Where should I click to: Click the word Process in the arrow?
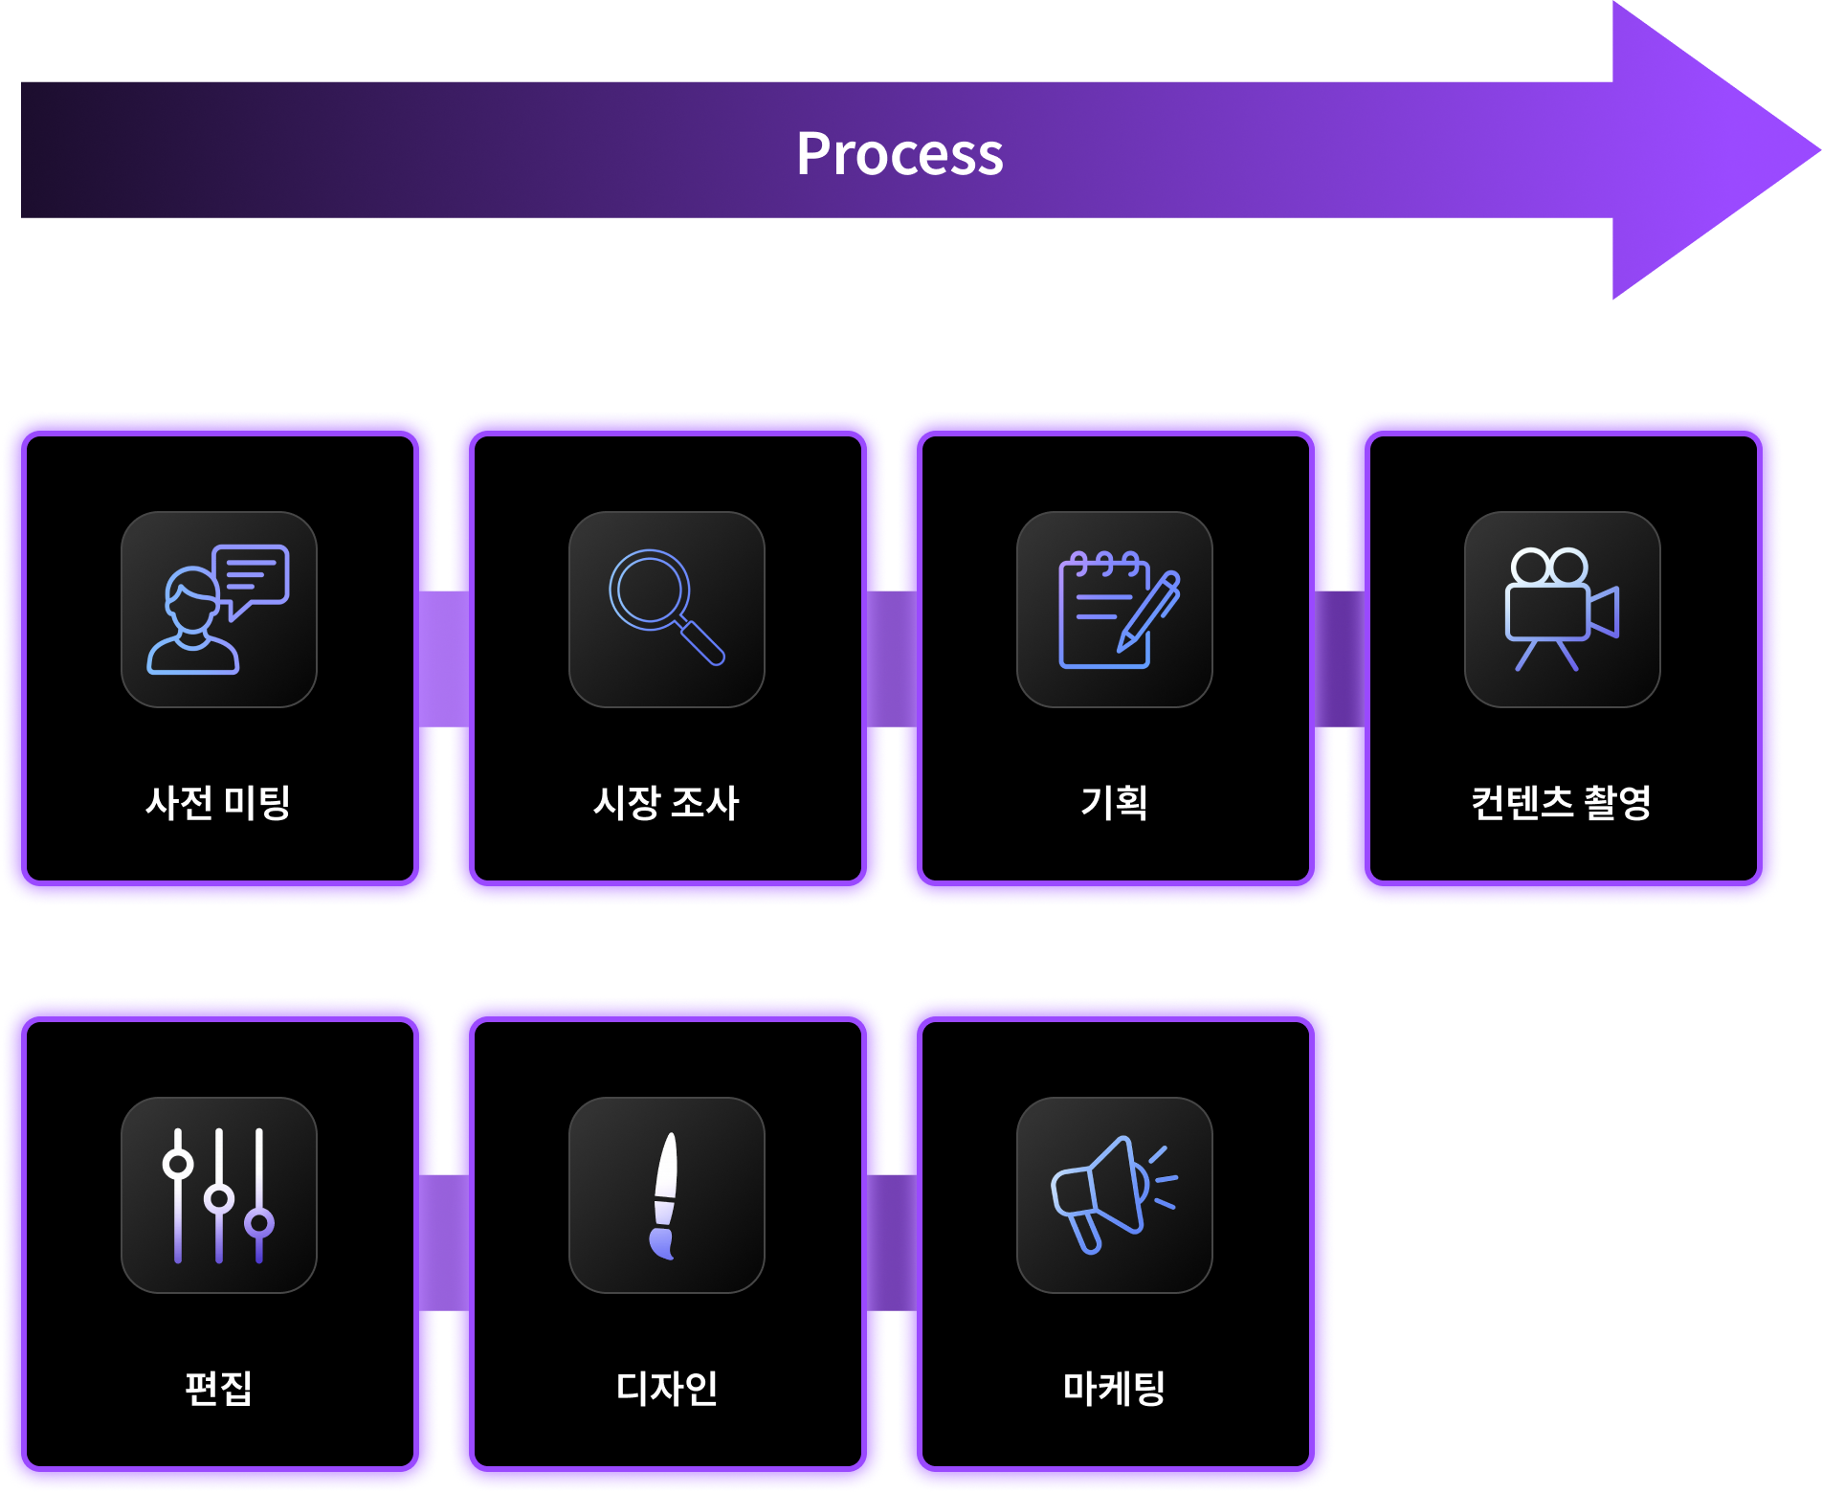tap(900, 153)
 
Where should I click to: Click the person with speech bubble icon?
tap(218, 610)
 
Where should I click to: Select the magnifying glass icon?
tap(666, 610)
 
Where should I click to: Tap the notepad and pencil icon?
tap(1115, 610)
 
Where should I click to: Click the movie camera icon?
tap(1562, 610)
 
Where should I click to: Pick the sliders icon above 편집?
tap(218, 1195)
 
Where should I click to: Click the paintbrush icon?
tap(666, 1195)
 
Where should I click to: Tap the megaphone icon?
tap(1115, 1195)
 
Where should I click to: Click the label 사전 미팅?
tap(218, 802)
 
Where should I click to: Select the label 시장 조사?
tap(666, 802)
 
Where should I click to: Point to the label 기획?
tap(1115, 802)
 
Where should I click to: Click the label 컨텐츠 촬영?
tap(1562, 802)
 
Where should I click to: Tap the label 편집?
tap(218, 1388)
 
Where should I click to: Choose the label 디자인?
tap(666, 1388)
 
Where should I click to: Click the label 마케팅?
tap(1115, 1388)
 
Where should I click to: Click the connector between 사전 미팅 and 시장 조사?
tap(444, 658)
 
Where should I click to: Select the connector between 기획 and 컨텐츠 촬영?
tap(1340, 658)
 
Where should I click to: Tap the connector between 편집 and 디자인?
tap(444, 1243)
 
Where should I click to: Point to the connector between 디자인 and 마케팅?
tap(892, 1243)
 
